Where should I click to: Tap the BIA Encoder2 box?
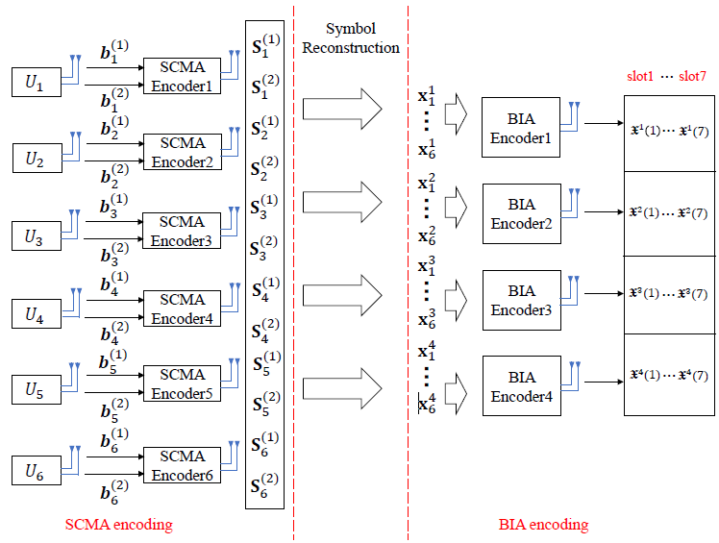(521, 212)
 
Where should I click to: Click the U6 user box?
(36, 471)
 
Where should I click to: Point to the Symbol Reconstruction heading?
(351, 39)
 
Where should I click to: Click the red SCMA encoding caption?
(119, 524)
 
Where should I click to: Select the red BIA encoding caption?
(544, 524)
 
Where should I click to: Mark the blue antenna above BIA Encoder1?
(573, 114)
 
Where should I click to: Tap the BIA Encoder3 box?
(521, 300)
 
